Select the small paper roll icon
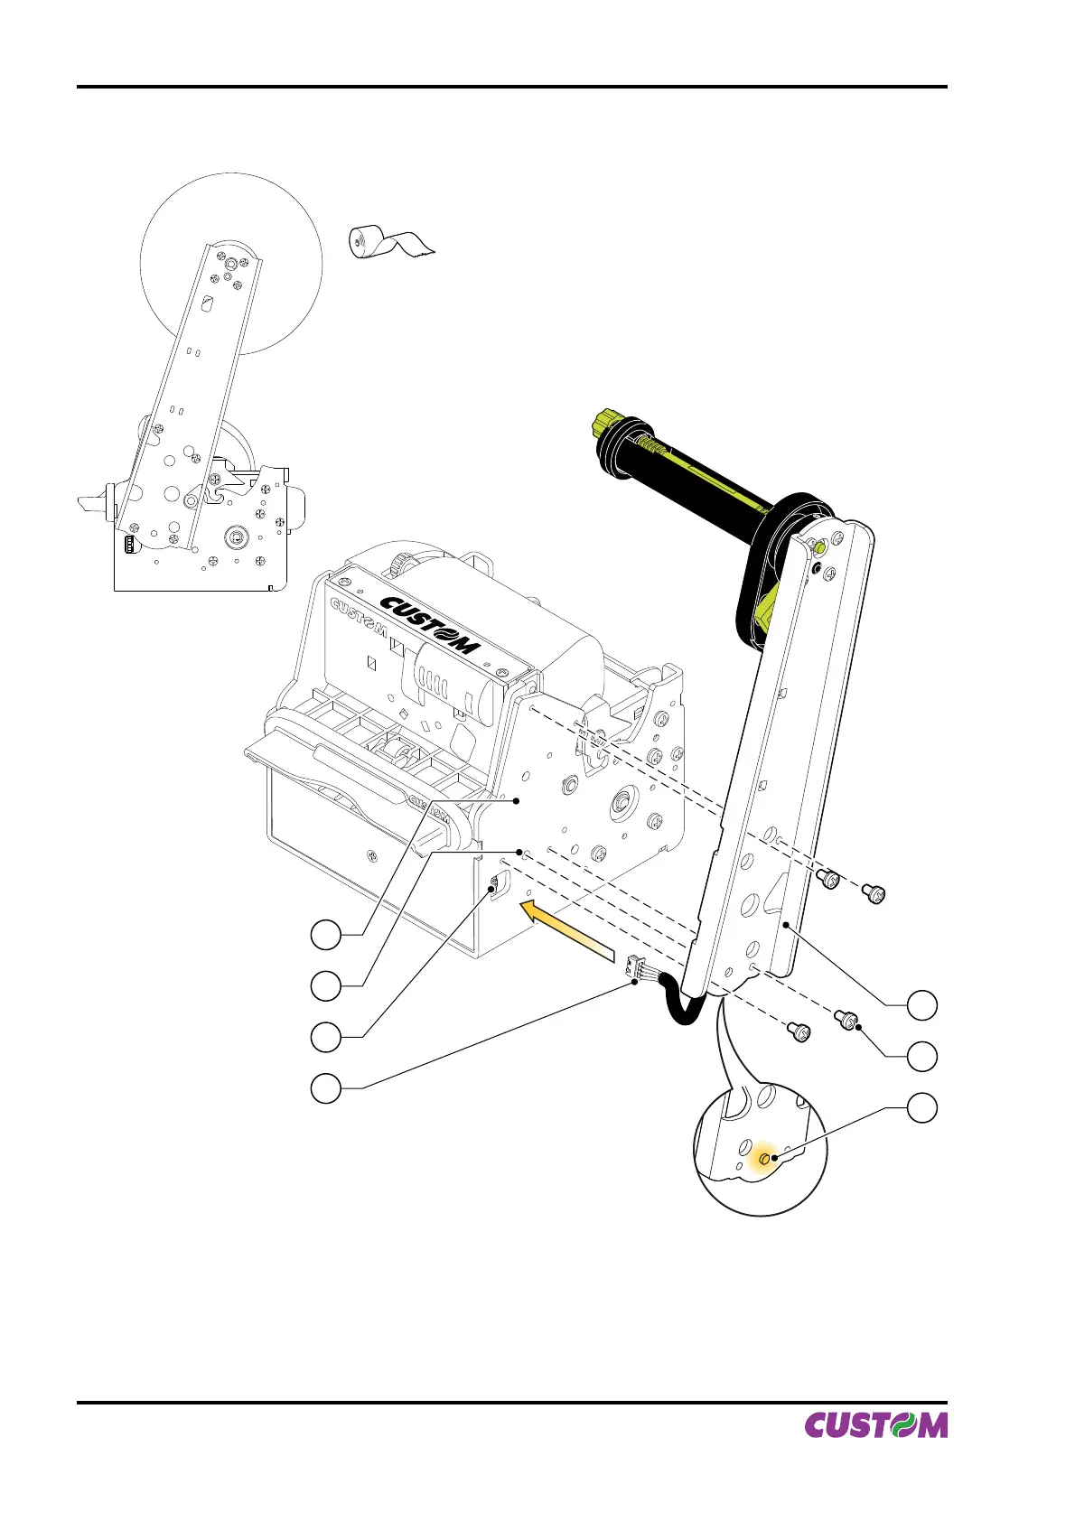pos(389,242)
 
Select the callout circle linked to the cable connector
pos(326,1089)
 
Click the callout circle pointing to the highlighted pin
pos(922,1107)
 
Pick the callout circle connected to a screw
pos(922,1056)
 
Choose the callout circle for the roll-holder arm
pos(922,1005)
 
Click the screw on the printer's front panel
pos(371,855)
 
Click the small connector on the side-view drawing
pos(129,544)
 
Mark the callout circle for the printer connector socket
pos(326,1038)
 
